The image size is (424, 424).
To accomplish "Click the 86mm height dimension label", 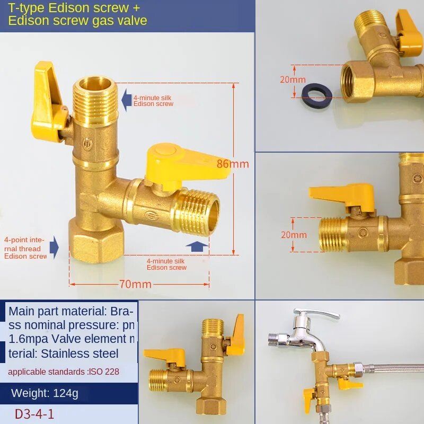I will tap(233, 164).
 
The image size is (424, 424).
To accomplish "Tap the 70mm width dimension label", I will tap(136, 285).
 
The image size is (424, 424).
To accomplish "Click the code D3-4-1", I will tap(34, 413).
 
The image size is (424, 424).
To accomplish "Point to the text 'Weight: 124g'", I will tap(45, 393).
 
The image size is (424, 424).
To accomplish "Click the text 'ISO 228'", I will tap(104, 372).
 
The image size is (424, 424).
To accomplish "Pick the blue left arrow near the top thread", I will tap(126, 99).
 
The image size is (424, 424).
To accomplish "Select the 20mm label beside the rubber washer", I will tap(293, 80).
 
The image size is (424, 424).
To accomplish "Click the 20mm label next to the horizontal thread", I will tap(294, 235).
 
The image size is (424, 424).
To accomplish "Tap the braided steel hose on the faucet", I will tap(392, 368).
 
